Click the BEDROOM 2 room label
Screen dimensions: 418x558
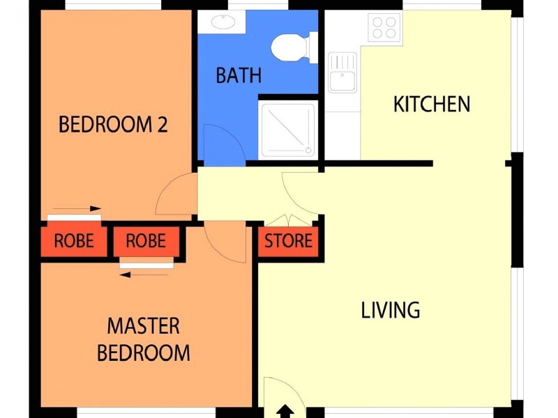point(113,125)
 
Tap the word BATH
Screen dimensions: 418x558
point(239,75)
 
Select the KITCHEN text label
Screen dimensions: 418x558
point(432,104)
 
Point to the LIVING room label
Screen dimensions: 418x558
point(391,310)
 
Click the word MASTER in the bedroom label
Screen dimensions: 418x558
point(143,326)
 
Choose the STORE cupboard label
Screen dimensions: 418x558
point(288,241)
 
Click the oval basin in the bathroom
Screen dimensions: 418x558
point(223,23)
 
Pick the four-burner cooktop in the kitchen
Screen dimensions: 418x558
point(384,27)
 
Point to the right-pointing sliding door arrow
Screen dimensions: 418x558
point(77,208)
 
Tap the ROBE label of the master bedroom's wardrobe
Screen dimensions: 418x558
point(146,241)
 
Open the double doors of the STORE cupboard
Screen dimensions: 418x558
point(289,217)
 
